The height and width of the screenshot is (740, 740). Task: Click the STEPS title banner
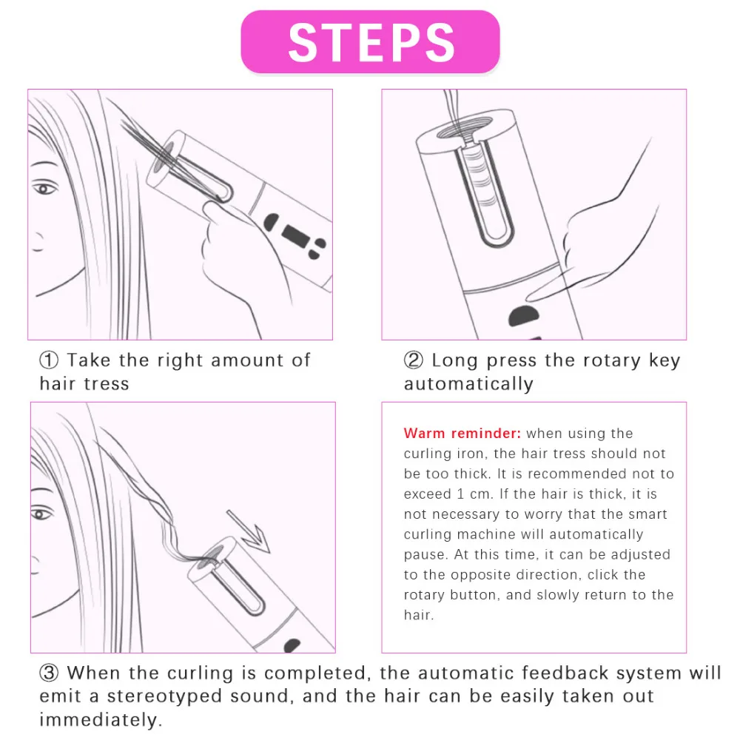(370, 42)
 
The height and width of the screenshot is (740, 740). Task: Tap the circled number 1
(49, 360)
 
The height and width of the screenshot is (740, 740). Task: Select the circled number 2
(414, 360)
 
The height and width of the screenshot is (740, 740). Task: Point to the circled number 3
(49, 673)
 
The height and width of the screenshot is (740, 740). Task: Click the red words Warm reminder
(462, 433)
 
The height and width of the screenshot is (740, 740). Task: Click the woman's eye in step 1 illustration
(44, 189)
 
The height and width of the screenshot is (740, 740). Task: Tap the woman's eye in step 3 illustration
(41, 513)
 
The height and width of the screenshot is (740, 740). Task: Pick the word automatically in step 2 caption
(468, 384)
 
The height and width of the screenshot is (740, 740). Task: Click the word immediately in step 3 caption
(101, 720)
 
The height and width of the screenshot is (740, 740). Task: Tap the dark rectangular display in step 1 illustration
(295, 235)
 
